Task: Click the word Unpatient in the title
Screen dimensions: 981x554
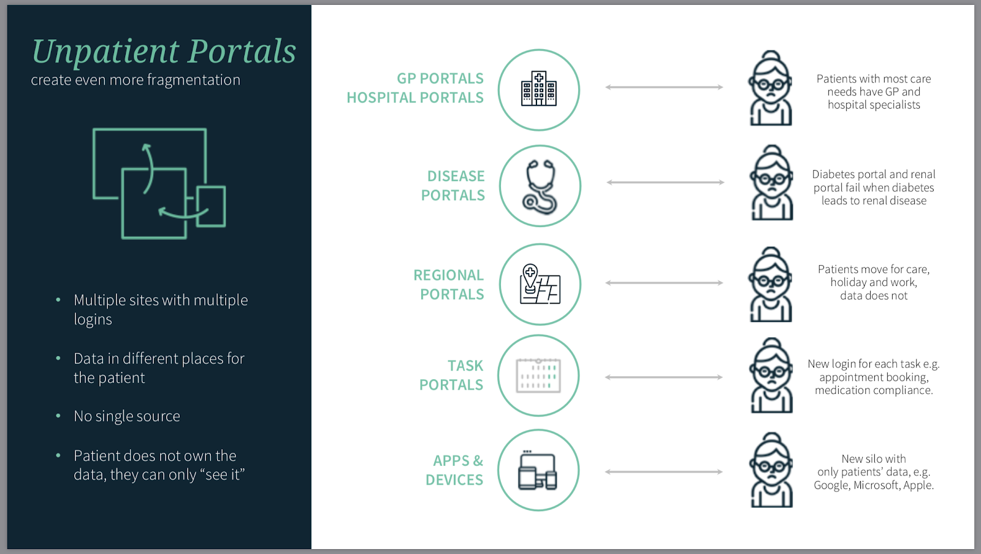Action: tap(105, 52)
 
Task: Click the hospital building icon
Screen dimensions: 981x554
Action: tap(539, 88)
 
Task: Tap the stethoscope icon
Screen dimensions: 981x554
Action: tap(540, 187)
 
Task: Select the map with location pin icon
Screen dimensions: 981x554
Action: tap(540, 284)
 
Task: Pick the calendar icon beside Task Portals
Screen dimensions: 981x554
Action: tap(538, 375)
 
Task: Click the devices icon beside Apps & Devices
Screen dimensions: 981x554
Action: tap(537, 470)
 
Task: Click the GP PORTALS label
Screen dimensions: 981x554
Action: tap(440, 79)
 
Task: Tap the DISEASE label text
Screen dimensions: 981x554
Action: tap(456, 176)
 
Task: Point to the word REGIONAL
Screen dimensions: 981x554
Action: tap(448, 275)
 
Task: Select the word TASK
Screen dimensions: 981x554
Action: tap(465, 366)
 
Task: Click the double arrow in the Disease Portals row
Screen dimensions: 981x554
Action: tap(665, 182)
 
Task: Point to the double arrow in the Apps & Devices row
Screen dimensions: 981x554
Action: tap(664, 472)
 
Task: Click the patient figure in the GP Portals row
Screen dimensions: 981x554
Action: tap(771, 88)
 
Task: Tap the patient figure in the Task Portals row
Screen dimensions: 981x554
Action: tap(772, 375)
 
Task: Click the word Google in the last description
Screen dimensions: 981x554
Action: tap(831, 486)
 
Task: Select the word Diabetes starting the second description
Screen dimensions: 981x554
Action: tap(833, 174)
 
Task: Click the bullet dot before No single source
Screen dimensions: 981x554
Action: tap(58, 416)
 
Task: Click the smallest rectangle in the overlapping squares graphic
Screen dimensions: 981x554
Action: tap(211, 206)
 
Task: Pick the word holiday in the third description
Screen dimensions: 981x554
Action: tap(849, 283)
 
